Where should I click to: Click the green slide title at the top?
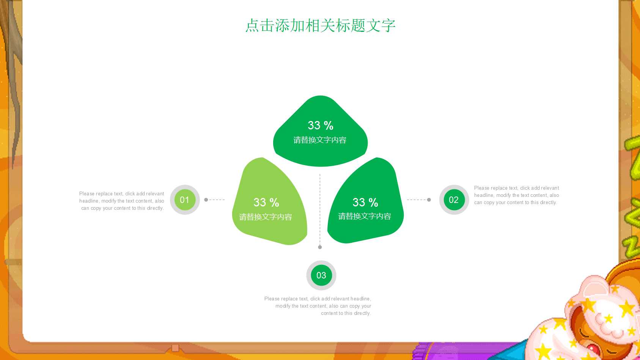coord(320,26)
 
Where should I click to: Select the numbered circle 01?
coord(185,200)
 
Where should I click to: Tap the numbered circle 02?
coord(454,200)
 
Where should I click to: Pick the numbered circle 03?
coord(321,275)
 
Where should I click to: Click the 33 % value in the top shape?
coord(320,126)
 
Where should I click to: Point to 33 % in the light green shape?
coord(266,203)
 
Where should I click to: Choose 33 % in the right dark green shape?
coord(365,203)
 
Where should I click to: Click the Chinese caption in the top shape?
coord(320,140)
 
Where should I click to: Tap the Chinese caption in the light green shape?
coord(266,217)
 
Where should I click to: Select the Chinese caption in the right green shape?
coord(365,216)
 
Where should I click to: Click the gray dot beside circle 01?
coord(206,200)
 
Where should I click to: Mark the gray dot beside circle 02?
coord(429,200)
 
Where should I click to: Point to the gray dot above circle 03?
coord(320,247)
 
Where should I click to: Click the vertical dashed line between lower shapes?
coord(320,209)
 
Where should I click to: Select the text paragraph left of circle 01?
coord(122,201)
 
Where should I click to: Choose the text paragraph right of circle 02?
coord(516,195)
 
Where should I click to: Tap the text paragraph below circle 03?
coord(318,306)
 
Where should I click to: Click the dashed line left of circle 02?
coord(417,200)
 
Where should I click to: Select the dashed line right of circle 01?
coord(217,200)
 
